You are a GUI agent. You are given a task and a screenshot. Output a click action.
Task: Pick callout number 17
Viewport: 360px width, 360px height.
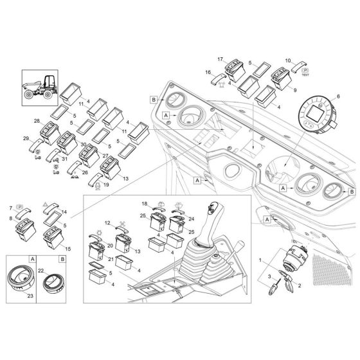(x=220, y=60)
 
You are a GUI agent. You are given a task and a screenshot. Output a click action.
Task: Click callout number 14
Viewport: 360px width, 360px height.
(x=63, y=212)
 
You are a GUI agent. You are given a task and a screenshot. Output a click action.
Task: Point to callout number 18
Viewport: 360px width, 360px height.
(x=145, y=203)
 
